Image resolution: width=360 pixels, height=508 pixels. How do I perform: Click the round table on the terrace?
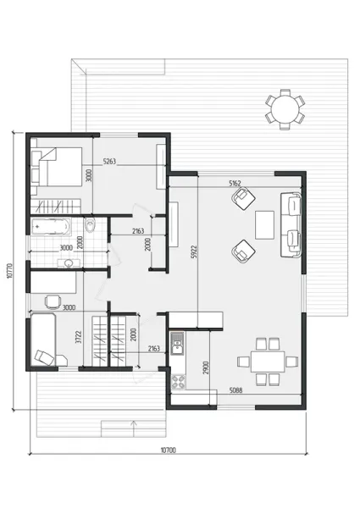[285, 109]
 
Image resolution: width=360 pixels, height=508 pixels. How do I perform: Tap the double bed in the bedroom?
[57, 167]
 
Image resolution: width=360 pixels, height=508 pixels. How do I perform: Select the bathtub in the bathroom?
[51, 226]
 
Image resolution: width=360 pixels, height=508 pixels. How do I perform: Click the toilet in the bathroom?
[90, 225]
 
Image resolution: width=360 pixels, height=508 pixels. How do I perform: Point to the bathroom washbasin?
[69, 263]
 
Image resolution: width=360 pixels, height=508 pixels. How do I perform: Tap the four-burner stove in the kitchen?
[178, 382]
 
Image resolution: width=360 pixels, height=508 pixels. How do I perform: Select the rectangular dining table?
[268, 362]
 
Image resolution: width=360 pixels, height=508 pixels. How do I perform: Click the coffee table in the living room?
[265, 225]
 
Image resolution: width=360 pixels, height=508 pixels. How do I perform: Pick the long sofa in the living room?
[291, 224]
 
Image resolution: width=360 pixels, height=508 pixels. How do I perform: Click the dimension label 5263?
[109, 161]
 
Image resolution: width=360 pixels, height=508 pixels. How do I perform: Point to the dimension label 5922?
[193, 251]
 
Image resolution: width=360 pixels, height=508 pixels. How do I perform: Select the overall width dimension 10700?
[169, 450]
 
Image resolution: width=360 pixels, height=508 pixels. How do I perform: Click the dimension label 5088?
[235, 390]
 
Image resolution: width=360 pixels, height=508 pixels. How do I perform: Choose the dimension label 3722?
[78, 337]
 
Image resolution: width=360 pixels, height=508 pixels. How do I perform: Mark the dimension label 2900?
[206, 368]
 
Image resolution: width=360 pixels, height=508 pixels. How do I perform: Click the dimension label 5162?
[235, 184]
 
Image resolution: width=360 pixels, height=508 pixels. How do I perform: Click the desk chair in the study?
[53, 301]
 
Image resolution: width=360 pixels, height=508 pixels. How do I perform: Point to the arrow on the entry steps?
[133, 428]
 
